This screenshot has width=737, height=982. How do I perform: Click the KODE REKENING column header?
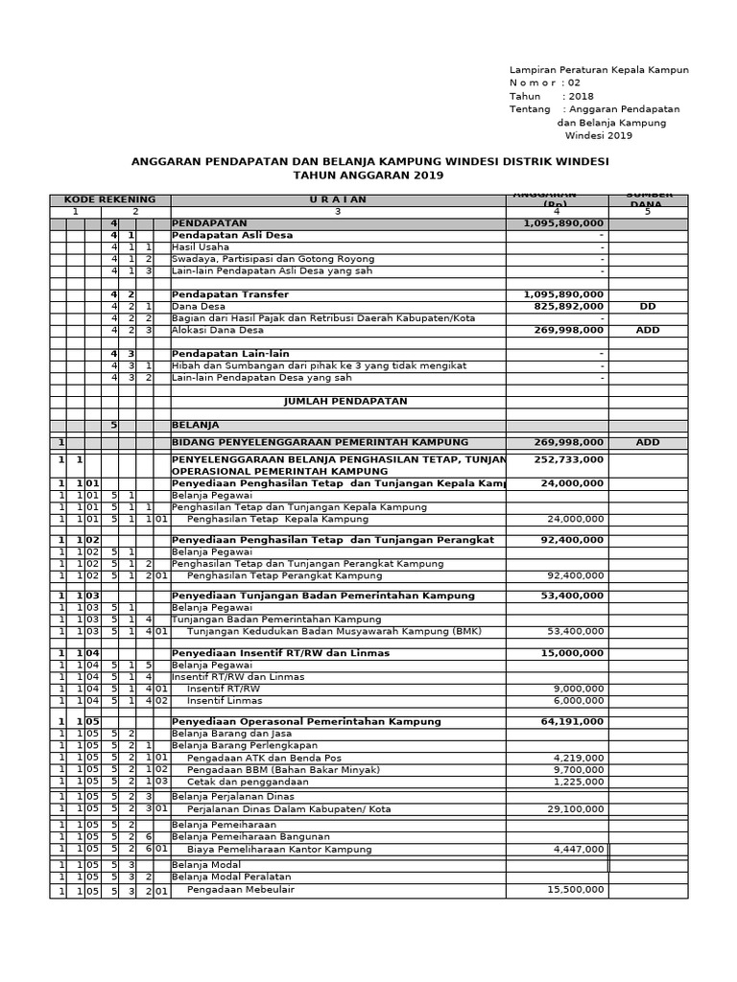tap(109, 199)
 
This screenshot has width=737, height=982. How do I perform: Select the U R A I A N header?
tap(337, 199)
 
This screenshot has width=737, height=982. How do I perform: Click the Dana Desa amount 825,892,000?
tap(564, 307)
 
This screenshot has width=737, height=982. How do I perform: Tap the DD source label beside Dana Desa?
tap(647, 307)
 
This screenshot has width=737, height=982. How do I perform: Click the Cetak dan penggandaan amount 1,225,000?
tap(579, 782)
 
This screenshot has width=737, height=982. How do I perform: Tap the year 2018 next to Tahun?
tap(581, 97)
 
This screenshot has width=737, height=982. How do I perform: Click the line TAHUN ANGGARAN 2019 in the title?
tap(368, 176)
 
